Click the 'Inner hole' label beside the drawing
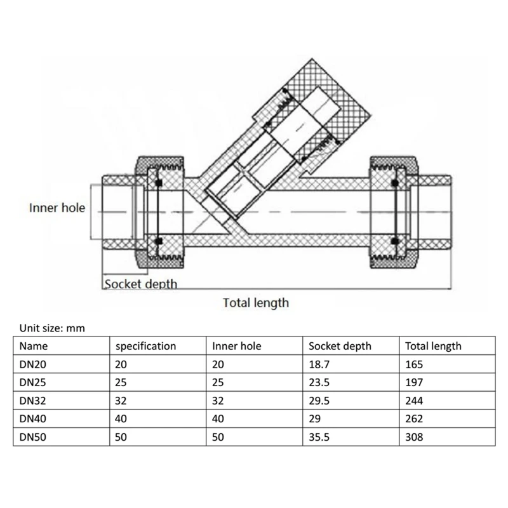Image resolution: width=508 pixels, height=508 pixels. pos(57,208)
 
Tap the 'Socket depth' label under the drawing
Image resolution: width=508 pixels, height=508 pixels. pos(140,284)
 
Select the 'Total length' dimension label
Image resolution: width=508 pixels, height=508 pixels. pos(255,303)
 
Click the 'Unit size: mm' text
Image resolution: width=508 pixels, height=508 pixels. pos(52,328)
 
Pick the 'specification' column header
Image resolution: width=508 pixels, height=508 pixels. pos(145,346)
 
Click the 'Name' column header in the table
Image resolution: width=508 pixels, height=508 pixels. pos(34,346)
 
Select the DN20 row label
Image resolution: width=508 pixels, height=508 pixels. pos(33,364)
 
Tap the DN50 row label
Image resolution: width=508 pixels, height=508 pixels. pos(33,437)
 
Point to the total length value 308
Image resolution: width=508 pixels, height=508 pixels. pos(414,437)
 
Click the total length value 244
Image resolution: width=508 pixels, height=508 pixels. pos(414,401)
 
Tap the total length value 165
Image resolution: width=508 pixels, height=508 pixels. pos(414,364)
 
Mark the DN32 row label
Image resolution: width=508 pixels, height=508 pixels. pos(33,401)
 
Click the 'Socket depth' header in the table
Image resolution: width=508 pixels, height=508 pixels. pos(340,346)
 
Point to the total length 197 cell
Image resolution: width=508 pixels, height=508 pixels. pos(414,382)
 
